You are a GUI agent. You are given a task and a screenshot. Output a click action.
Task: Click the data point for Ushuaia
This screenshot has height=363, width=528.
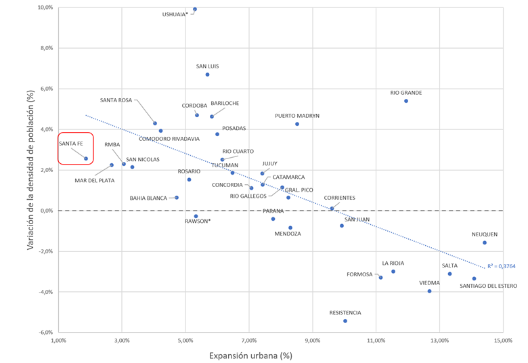(195, 9)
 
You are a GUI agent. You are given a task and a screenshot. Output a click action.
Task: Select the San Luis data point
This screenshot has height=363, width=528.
(207, 74)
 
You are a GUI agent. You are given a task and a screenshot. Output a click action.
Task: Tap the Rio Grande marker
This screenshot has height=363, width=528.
(406, 101)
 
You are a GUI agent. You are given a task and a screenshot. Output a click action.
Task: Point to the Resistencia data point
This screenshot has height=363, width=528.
(345, 321)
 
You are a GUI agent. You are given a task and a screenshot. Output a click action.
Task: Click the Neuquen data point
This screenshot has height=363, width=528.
(485, 242)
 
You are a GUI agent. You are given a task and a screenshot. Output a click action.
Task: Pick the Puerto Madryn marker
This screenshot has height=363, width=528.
(297, 124)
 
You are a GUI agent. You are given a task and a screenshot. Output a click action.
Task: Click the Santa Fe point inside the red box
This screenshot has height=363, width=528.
(86, 158)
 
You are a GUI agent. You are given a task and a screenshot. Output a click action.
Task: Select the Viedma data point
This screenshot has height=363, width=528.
(429, 291)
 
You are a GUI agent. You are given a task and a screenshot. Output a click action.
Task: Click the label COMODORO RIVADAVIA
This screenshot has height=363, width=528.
(169, 139)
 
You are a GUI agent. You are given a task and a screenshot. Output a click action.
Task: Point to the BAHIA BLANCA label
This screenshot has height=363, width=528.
(148, 198)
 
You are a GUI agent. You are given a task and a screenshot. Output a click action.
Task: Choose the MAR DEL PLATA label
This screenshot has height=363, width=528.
(94, 180)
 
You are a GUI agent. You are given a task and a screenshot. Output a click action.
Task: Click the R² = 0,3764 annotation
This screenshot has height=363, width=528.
(502, 267)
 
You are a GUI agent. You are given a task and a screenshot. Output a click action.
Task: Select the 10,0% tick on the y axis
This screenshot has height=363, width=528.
(44, 7)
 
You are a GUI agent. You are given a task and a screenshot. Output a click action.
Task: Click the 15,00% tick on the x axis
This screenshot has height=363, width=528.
(503, 341)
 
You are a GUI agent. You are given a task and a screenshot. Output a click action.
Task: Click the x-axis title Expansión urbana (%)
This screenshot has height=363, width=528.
(250, 355)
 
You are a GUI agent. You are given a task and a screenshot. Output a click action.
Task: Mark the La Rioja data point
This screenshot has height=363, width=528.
(393, 272)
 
